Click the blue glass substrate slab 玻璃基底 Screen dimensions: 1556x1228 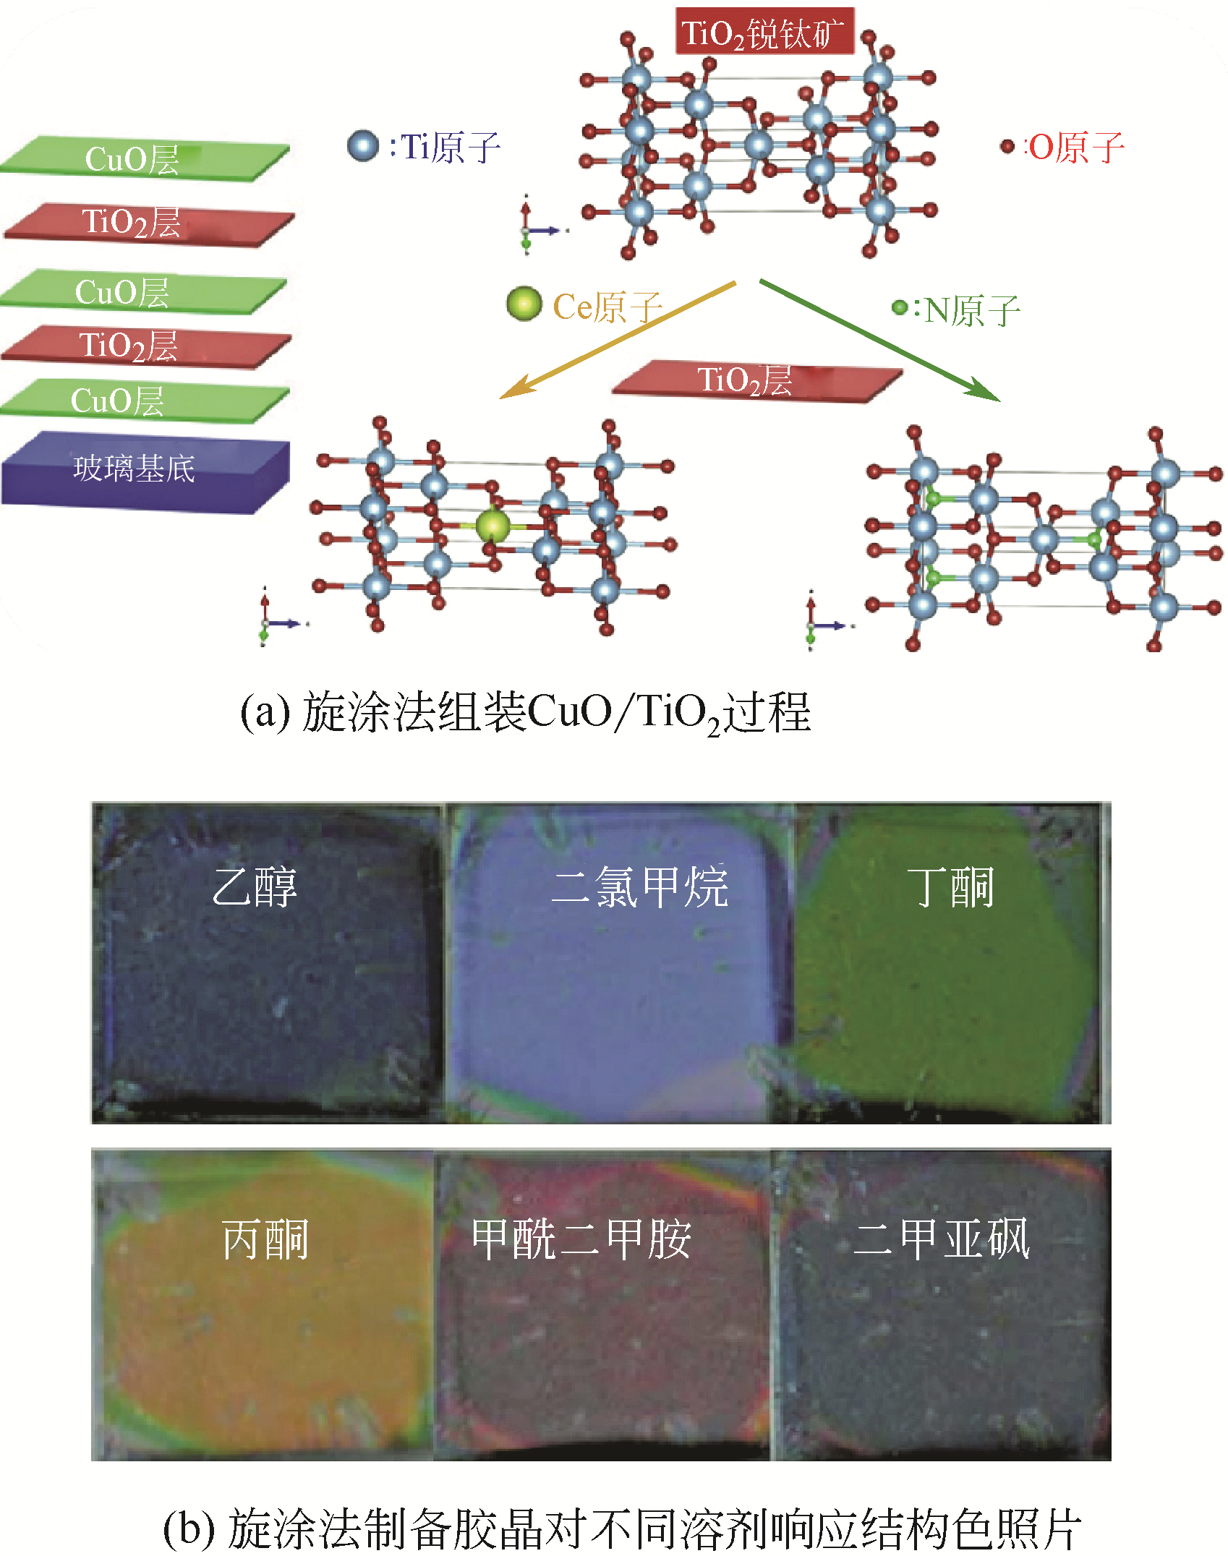pos(145,471)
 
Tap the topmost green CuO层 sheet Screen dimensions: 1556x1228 pos(145,159)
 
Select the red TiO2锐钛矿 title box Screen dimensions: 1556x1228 pos(764,32)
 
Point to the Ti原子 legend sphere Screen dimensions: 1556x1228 pos(363,145)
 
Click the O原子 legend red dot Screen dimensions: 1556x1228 pos(1007,147)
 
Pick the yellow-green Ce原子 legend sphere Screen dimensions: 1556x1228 pos(524,304)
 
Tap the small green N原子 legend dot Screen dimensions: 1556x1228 pos(899,308)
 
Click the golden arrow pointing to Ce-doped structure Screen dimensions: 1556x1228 pos(615,340)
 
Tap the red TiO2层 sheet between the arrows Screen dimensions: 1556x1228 pos(756,381)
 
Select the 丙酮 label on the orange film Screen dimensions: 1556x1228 pos(265,1239)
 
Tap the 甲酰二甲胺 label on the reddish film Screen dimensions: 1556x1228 pos(581,1239)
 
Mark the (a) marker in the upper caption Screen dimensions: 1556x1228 pos(265,713)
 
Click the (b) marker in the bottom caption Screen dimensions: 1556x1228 pos(189,1529)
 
